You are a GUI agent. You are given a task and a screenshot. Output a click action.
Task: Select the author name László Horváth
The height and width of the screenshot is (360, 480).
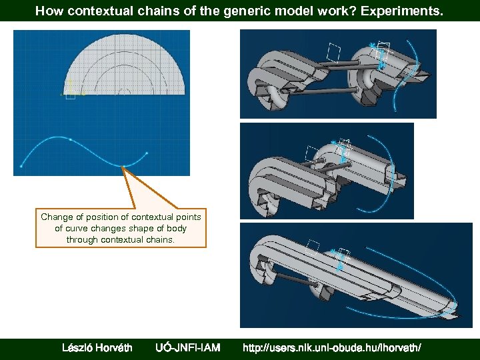pyautogui.click(x=97, y=347)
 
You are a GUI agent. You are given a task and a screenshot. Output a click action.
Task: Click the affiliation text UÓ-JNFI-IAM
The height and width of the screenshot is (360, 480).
pyautogui.click(x=187, y=347)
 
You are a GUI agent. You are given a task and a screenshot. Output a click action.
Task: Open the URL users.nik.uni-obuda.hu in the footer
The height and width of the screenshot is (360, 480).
pyautogui.click(x=331, y=347)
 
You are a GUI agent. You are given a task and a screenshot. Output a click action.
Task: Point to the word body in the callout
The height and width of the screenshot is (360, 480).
pyautogui.click(x=176, y=228)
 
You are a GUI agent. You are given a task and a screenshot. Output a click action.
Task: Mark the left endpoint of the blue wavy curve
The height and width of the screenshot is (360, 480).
pyautogui.click(x=21, y=166)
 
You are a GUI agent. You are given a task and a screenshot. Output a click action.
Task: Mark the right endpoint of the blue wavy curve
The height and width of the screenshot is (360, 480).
pyautogui.click(x=147, y=154)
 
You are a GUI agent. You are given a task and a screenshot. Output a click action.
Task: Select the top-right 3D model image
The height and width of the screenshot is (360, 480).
pyautogui.click(x=338, y=73)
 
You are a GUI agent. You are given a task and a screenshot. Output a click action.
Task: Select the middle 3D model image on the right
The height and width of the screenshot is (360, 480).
pyautogui.click(x=327, y=171)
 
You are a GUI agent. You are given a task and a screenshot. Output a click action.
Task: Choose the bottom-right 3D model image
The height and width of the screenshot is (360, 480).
pyautogui.click(x=356, y=275)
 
